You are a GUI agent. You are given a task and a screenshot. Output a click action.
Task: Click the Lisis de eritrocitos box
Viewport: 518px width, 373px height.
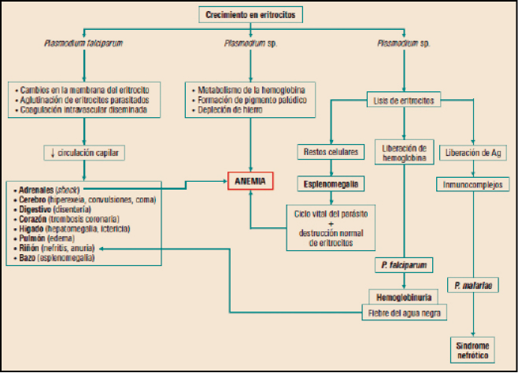(404, 100)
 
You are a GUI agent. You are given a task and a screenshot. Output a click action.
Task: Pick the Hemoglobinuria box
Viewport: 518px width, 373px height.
(404, 297)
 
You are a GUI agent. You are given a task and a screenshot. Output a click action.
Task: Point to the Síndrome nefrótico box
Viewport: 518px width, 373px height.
(473, 349)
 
